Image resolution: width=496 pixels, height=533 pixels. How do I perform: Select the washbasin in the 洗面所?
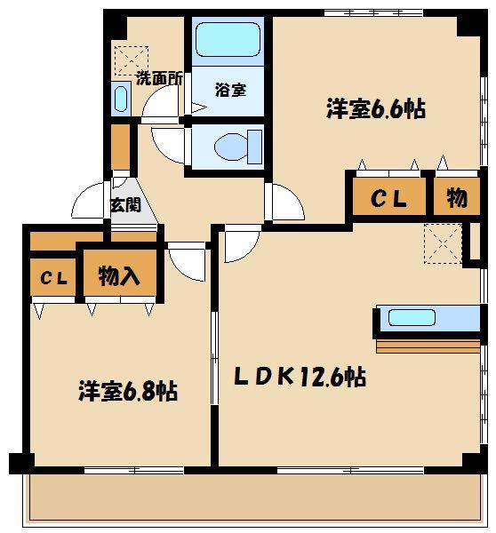120,99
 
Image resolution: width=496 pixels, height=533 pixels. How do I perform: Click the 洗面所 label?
159,79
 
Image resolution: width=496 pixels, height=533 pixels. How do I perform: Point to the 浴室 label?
230,90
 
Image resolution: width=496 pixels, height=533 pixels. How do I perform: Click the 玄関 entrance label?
125,205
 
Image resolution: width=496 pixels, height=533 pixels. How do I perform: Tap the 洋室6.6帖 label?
376,108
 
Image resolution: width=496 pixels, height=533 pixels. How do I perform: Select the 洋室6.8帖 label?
128,392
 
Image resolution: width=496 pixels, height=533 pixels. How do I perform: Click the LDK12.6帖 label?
300,377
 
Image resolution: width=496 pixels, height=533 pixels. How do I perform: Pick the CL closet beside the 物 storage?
389,197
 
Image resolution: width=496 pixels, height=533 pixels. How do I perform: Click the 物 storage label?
457,198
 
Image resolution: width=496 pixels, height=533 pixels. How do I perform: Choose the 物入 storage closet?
120,273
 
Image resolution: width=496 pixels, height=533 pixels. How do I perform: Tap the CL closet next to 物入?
52,277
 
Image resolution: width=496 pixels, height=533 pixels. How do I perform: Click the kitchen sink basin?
412,317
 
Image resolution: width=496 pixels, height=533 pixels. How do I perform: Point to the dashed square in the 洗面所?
132,60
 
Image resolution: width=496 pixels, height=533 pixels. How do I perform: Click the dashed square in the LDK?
443,243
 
